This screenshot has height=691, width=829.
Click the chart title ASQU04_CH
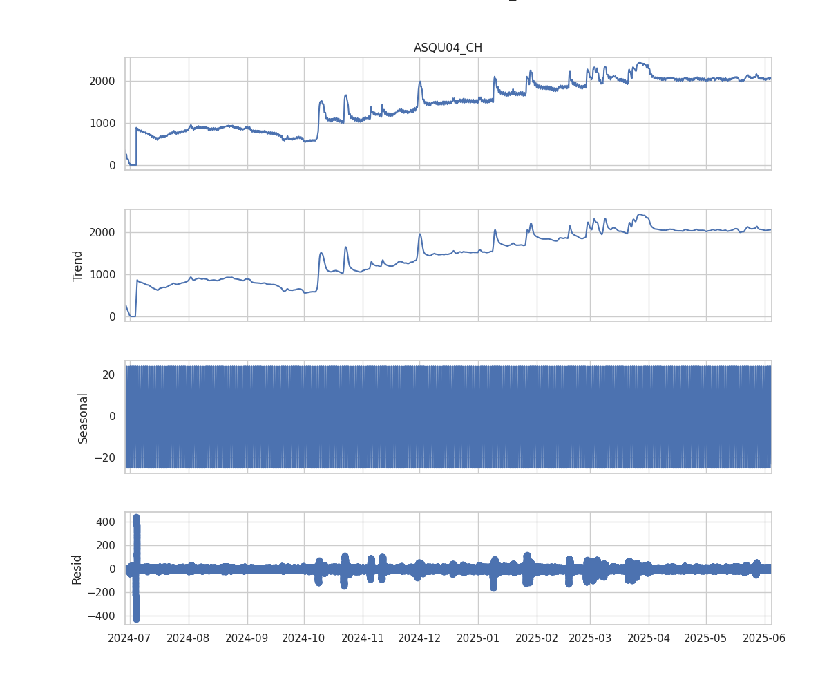click(448, 48)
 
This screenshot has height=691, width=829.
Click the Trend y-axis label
click(78, 265)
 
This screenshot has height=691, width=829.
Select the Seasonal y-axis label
click(83, 417)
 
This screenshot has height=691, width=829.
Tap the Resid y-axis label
click(77, 569)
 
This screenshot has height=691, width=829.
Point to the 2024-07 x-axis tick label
click(131, 638)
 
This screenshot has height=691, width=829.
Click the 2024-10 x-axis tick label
click(305, 638)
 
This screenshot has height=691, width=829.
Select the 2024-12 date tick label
click(420, 638)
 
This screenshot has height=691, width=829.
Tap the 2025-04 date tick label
click(649, 638)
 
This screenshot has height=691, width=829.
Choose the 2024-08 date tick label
click(189, 638)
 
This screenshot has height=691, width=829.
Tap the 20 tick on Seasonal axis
click(108, 375)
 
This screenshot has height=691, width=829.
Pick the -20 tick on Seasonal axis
click(106, 458)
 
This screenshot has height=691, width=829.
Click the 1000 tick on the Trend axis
click(103, 274)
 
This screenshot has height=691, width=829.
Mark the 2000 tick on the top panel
click(103, 81)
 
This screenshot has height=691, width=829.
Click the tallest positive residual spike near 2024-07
click(136, 518)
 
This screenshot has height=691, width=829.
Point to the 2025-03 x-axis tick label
click(590, 638)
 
